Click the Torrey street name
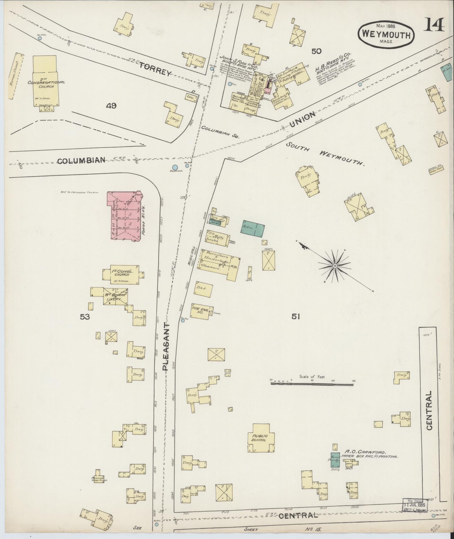(x=156, y=69)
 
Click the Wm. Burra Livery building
(x=115, y=296)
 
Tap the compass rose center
(x=335, y=266)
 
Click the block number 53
(x=84, y=317)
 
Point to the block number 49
(x=111, y=106)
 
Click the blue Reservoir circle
(x=175, y=167)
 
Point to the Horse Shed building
(x=16, y=76)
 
